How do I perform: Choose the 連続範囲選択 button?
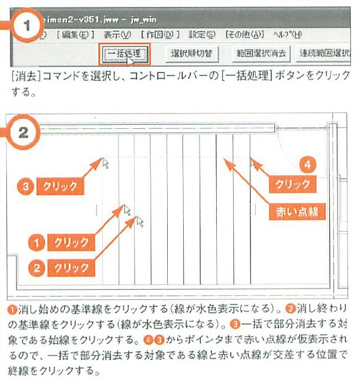pyautogui.click(x=325, y=54)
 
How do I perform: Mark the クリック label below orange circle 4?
pyautogui.click(x=292, y=184)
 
